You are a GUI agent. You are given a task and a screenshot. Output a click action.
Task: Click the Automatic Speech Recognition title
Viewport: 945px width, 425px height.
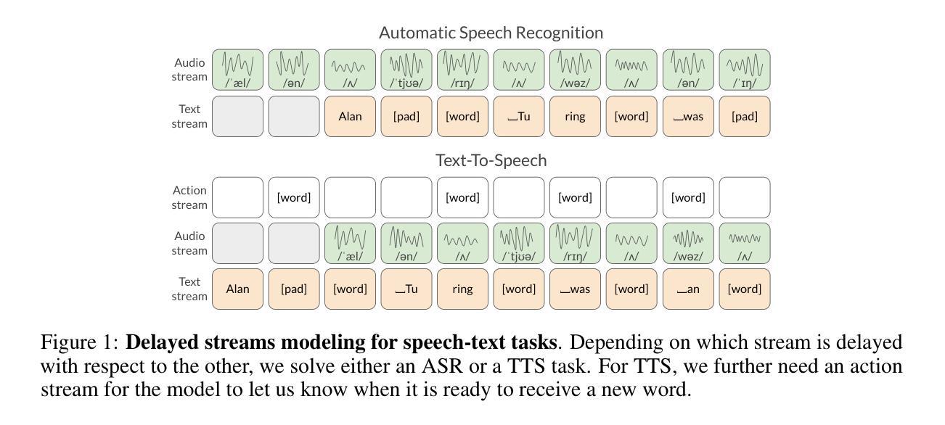491,33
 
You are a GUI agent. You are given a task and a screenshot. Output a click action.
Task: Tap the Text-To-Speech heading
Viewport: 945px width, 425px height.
491,160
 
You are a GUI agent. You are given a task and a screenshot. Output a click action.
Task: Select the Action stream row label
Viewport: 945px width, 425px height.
189,197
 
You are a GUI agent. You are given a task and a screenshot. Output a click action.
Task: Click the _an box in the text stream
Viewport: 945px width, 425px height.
687,289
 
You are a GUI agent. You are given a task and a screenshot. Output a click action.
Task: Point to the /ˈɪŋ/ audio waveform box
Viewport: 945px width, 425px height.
744,70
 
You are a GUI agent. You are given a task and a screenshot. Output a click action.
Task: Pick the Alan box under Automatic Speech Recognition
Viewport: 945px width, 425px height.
350,116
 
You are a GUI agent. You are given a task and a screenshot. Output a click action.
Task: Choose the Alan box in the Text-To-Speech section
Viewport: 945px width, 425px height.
237,289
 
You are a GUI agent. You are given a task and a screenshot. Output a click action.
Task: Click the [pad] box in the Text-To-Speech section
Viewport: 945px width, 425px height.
294,289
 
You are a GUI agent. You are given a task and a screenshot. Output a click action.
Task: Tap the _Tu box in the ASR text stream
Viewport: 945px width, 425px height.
518,116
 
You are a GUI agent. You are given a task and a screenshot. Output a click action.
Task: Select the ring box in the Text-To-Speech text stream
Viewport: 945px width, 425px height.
462,289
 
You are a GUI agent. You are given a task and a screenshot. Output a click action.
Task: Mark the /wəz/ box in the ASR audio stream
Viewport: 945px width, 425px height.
575,70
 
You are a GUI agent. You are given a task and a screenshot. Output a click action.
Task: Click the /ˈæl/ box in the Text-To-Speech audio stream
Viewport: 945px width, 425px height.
350,243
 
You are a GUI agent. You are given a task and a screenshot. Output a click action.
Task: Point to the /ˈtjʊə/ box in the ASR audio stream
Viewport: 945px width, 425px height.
406,70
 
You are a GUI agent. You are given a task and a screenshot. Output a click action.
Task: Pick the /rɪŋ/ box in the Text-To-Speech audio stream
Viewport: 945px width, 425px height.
575,243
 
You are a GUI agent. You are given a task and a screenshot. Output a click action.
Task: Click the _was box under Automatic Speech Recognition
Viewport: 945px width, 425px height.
687,116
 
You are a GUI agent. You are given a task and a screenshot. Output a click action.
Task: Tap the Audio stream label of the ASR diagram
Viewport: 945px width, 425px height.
189,70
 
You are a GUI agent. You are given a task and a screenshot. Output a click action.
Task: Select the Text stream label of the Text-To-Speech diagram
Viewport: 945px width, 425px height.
189,289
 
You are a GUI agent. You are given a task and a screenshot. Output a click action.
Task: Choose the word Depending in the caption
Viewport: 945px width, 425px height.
616,342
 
